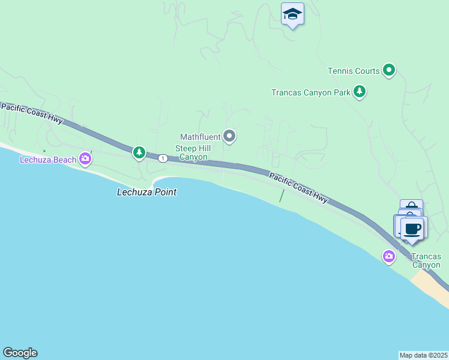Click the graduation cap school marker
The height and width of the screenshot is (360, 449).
point(292,14)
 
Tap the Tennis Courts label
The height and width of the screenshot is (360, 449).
point(354,71)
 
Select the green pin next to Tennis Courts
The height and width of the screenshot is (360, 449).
point(389,71)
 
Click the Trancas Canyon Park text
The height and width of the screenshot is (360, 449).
point(310,92)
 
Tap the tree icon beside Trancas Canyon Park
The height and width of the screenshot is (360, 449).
point(360,92)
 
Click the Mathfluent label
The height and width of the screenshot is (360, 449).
point(200,137)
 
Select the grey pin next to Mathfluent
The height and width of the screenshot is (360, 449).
point(229,137)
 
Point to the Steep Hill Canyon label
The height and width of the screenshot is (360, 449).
point(191,153)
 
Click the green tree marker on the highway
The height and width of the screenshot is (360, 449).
point(139,153)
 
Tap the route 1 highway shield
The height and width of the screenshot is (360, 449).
point(163,158)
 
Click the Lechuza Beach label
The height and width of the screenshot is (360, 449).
point(48,160)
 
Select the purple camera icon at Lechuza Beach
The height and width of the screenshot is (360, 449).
point(86,159)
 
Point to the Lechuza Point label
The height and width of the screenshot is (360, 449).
point(147,193)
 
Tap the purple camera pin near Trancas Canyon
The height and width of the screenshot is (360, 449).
point(389,257)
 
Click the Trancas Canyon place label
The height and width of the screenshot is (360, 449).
point(426,261)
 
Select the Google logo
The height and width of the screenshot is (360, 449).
point(20,353)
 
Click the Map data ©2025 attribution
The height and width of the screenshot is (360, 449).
point(423,355)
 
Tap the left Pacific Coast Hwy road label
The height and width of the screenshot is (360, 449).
point(32,113)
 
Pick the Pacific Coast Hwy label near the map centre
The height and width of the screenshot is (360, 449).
point(298,188)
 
